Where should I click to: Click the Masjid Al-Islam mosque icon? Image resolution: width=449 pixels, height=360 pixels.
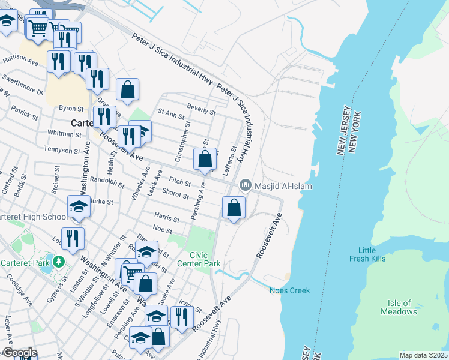point(245,186)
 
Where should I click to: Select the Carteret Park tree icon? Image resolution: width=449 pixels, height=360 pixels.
point(58,262)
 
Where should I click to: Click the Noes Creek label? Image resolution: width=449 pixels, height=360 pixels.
point(289,290)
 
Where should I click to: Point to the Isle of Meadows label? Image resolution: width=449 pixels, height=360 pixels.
point(399,307)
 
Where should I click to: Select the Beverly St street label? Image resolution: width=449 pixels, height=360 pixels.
point(201,110)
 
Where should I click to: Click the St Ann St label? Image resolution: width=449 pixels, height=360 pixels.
point(170,114)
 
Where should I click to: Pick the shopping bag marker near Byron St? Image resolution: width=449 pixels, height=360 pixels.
point(127,90)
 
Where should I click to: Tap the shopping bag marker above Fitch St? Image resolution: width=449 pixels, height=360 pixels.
point(205,160)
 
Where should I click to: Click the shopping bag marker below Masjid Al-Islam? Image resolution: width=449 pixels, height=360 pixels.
point(234,208)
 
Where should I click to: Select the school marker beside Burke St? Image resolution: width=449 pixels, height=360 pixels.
point(79,207)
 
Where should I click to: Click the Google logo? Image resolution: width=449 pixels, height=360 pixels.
point(20,353)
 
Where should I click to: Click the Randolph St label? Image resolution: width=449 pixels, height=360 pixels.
point(109,184)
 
